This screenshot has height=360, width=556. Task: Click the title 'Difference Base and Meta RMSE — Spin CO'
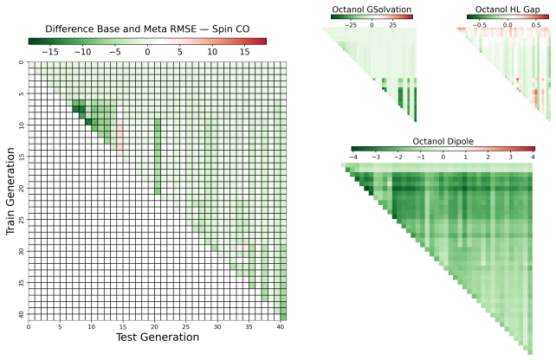[x=147, y=29]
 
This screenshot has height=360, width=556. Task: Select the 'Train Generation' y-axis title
[x=10, y=191]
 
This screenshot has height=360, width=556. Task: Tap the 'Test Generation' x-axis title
[x=158, y=337]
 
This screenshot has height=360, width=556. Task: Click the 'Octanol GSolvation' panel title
[x=372, y=10]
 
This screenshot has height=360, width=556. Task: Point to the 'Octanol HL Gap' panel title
[x=508, y=10]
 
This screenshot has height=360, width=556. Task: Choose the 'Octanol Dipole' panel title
[x=443, y=141]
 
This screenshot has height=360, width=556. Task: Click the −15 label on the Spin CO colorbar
[x=50, y=52]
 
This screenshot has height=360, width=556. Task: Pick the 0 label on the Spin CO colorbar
[x=147, y=52]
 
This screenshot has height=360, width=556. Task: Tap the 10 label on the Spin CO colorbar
[x=212, y=52]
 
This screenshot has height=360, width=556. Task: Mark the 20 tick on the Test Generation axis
[x=154, y=327]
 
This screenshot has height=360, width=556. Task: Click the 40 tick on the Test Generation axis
[x=280, y=327]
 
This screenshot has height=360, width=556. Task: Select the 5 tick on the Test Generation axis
[x=60, y=327]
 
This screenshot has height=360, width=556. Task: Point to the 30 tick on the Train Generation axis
[x=22, y=251]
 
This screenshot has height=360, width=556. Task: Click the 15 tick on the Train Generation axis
[x=22, y=157]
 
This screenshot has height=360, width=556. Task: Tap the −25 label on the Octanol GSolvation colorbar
[x=351, y=25]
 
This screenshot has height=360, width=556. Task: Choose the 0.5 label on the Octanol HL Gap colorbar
[x=535, y=25]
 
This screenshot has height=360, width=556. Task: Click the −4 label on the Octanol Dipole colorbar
[x=352, y=157]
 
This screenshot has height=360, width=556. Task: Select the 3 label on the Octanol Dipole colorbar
[x=511, y=157]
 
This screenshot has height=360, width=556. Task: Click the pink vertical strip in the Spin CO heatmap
[x=120, y=137]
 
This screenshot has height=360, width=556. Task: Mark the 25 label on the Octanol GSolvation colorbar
[x=393, y=25]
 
